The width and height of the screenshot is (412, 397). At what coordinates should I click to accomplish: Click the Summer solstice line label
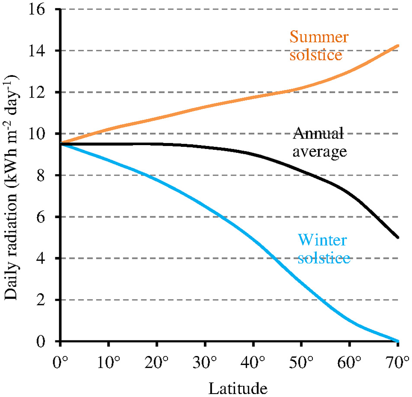click(x=319, y=47)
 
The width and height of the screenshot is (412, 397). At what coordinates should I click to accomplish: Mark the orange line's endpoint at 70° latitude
click(x=398, y=45)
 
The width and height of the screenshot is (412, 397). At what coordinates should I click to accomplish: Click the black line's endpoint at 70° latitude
click(x=398, y=237)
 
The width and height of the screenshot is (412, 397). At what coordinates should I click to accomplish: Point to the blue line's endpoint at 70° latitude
click(x=398, y=341)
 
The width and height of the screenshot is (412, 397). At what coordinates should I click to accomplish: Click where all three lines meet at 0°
click(x=61, y=144)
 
